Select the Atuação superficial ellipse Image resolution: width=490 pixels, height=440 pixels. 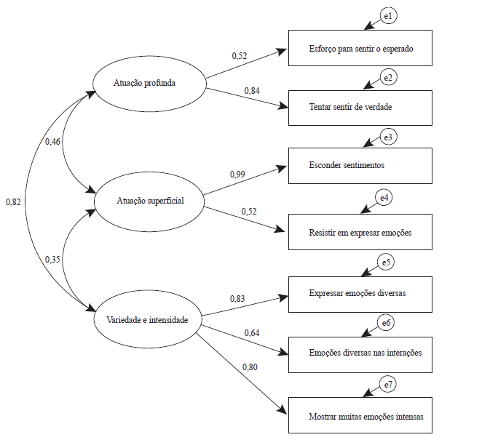[150, 201]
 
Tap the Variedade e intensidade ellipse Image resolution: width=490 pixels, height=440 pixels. [148, 319]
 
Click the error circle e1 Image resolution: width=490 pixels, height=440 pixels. [388, 16]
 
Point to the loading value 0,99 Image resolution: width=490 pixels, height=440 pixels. [237, 175]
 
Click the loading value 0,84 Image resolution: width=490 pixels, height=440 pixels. [251, 92]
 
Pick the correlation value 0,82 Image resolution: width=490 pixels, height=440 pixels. [13, 201]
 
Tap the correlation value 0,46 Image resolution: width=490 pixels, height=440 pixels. [52, 142]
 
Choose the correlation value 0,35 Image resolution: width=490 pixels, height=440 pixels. [52, 260]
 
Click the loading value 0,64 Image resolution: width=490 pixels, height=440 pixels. [251, 333]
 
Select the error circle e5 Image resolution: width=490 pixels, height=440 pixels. [386, 263]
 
